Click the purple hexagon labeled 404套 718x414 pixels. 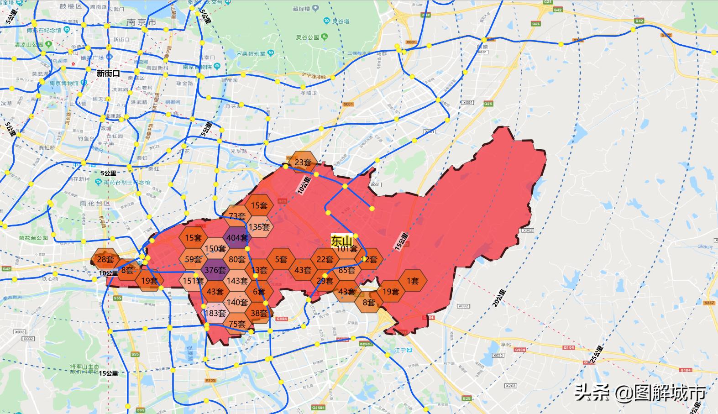click(x=237, y=238)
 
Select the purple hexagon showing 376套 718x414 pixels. click(x=215, y=270)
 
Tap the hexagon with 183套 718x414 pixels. click(x=215, y=313)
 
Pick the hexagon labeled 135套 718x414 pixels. click(x=259, y=227)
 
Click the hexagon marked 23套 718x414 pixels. click(x=303, y=162)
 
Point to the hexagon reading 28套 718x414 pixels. click(x=105, y=259)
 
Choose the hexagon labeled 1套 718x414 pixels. click(x=413, y=281)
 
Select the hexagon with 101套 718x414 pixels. click(x=347, y=249)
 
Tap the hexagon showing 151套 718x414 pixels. click(x=193, y=281)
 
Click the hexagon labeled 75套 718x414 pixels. click(x=237, y=324)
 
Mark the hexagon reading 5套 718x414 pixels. click(x=281, y=259)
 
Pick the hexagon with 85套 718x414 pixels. click(x=347, y=270)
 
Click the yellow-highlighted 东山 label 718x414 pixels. click(x=342, y=241)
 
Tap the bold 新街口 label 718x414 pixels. click(x=108, y=73)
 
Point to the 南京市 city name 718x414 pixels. click(x=141, y=22)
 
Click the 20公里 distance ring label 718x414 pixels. click(x=499, y=298)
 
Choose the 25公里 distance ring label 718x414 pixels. click(x=596, y=354)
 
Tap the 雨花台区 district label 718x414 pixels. click(x=95, y=203)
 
